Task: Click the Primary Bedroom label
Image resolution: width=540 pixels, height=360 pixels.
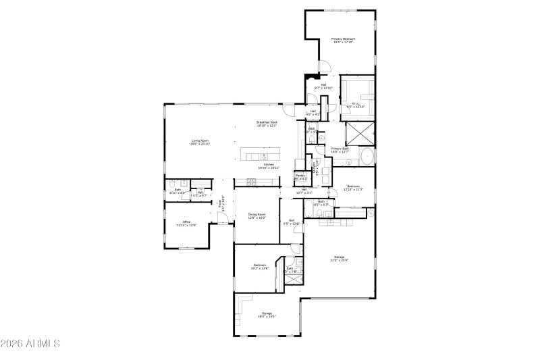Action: coord(343,41)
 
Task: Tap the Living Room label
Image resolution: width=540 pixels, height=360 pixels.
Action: coord(200,143)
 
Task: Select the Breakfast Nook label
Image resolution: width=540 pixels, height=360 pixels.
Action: coord(267,124)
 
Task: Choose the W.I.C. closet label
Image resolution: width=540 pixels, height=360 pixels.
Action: coord(355,105)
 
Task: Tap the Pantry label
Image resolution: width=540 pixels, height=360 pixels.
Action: coord(300,176)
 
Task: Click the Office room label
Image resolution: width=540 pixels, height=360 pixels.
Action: coord(186,224)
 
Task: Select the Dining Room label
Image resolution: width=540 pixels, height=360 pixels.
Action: coord(256,216)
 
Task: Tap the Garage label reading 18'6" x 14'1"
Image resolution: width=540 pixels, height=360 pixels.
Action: coord(267,315)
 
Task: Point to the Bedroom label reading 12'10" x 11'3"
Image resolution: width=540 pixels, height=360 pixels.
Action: coord(354,188)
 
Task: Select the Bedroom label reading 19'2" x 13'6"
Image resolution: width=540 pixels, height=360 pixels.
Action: coord(261,266)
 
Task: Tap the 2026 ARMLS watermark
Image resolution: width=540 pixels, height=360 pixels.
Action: coord(30,344)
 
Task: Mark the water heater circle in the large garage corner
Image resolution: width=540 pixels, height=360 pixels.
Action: coord(371,213)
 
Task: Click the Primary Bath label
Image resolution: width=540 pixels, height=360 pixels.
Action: coord(340,150)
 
